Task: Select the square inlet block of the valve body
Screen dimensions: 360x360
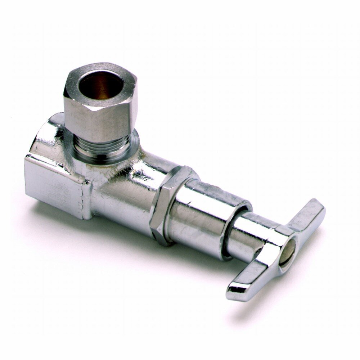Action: (58, 180)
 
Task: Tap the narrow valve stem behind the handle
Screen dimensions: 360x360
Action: (248, 234)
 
